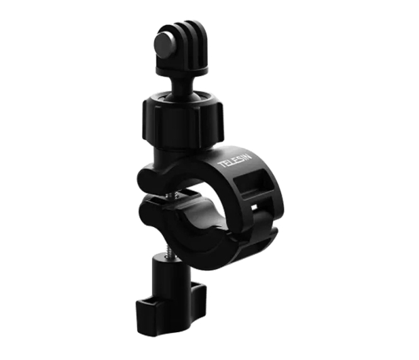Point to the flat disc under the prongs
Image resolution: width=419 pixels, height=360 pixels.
[182, 71]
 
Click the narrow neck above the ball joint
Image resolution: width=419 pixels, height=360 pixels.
[181, 85]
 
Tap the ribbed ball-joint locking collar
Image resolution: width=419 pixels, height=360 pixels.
[183, 120]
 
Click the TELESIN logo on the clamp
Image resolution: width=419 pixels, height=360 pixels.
[235, 160]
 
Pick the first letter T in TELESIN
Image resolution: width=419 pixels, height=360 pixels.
[221, 164]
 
